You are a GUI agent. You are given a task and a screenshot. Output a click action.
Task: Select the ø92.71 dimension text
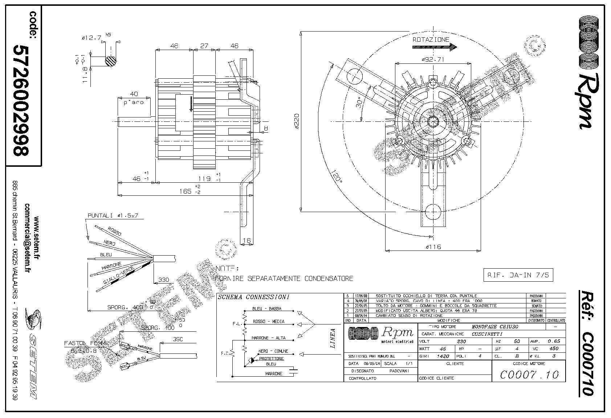433,59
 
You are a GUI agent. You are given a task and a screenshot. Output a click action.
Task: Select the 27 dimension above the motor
204,46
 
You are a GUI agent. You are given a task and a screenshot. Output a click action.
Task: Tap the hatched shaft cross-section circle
111,61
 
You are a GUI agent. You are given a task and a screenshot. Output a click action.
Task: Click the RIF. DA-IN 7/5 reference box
518,275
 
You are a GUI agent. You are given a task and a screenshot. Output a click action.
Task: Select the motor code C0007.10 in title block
529,374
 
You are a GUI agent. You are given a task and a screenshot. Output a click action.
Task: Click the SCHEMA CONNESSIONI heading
253,297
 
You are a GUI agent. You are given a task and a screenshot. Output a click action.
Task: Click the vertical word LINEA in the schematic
333,338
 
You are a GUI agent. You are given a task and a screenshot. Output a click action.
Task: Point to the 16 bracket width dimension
247,240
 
